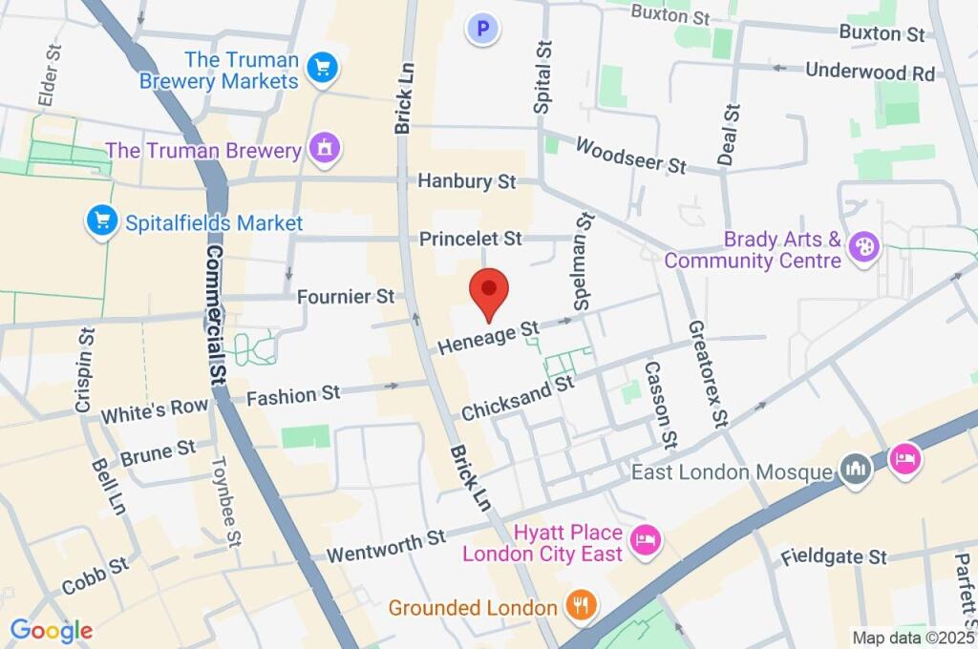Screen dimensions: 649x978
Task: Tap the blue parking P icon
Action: (x=483, y=30)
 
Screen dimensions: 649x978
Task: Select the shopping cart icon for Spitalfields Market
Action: (x=100, y=222)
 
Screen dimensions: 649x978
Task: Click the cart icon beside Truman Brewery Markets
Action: (x=323, y=66)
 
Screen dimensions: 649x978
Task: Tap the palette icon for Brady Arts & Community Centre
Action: (x=864, y=247)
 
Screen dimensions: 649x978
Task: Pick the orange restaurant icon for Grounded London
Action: (x=581, y=604)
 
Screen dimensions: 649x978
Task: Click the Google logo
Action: (x=51, y=630)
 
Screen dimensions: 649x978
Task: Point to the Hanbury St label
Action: (x=467, y=181)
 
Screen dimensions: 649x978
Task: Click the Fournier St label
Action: (x=346, y=297)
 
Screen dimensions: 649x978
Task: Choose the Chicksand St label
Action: (x=517, y=397)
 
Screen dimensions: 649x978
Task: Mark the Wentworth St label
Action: (x=386, y=545)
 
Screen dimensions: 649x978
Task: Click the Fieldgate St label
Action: (x=834, y=555)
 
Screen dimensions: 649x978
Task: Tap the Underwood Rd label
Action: (x=869, y=72)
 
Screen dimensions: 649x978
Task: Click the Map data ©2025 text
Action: (x=913, y=638)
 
